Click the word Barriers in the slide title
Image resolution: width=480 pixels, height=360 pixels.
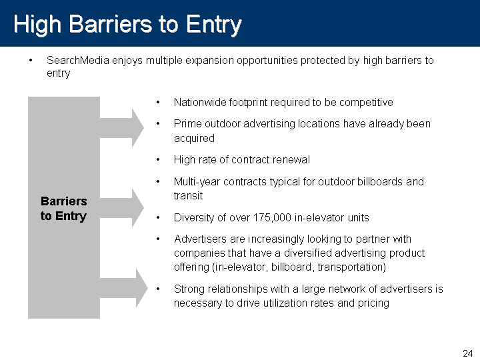pos(111,24)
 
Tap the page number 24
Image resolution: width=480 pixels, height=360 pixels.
pos(468,353)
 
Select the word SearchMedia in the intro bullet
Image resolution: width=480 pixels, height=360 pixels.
pos(78,60)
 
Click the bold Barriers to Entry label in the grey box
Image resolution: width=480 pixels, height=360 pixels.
pos(64,209)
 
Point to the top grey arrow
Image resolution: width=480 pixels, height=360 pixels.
pos(122,128)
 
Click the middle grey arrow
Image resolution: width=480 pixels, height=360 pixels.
pos(122,208)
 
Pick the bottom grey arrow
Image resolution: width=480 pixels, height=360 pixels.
pos(124,288)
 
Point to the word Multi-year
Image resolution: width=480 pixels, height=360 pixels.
pos(197,182)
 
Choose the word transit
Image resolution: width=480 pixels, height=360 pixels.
pos(188,196)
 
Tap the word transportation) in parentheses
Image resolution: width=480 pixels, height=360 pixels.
pos(352,267)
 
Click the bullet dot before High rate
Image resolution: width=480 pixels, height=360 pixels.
pos(158,159)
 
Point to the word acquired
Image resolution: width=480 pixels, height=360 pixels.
pos(194,139)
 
